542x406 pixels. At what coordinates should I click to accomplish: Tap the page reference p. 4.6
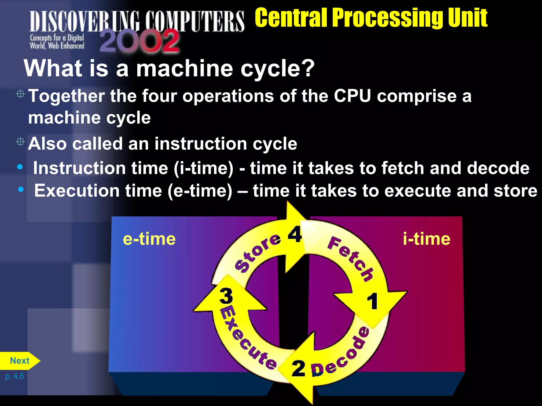pos(15,376)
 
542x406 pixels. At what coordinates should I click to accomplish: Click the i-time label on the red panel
pos(426,239)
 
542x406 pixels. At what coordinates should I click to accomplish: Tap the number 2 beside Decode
pos(298,368)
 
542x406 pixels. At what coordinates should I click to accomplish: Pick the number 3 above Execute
pos(226,296)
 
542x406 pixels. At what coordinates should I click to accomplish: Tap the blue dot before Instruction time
pos(20,167)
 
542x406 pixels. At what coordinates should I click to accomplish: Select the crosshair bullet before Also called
pos(20,142)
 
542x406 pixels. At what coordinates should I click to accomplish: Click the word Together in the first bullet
pos(66,96)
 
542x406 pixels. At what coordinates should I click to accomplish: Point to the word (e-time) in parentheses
pos(200,191)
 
